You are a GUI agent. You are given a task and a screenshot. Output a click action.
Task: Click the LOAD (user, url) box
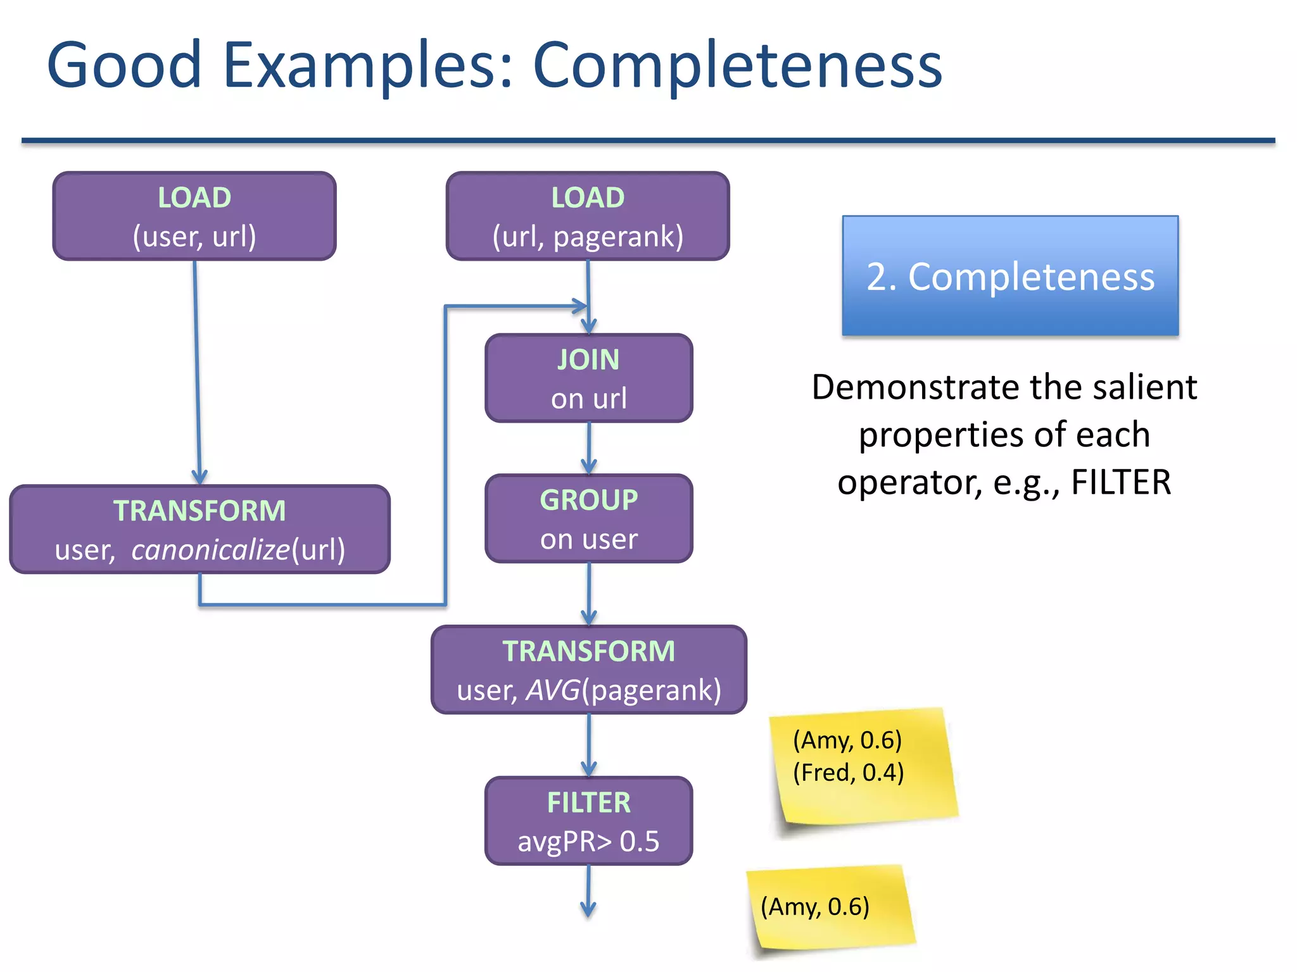[x=194, y=216]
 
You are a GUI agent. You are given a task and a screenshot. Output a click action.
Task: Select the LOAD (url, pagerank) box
[x=588, y=216]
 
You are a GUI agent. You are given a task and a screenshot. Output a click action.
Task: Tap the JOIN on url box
[x=588, y=378]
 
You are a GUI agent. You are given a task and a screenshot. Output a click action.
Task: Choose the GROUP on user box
[x=588, y=518]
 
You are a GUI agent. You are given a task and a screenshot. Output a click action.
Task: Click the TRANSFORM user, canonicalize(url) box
[x=199, y=529]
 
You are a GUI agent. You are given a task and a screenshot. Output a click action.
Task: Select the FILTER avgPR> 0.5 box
[x=588, y=821]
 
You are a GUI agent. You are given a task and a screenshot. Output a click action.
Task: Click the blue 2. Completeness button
[x=1010, y=276]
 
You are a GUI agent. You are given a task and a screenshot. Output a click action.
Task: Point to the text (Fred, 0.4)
[x=848, y=773]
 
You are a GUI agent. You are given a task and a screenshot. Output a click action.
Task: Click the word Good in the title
[x=124, y=65]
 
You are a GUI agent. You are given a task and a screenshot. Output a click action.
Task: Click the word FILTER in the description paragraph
[x=1120, y=482]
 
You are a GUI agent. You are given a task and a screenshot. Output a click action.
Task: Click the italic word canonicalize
[x=210, y=549]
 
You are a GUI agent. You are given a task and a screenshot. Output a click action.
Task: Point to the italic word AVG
[x=553, y=690]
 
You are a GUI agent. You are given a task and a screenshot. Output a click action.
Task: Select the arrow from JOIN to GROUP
[x=589, y=448]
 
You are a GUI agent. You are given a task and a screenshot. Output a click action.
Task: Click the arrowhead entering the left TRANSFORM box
[x=199, y=477]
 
